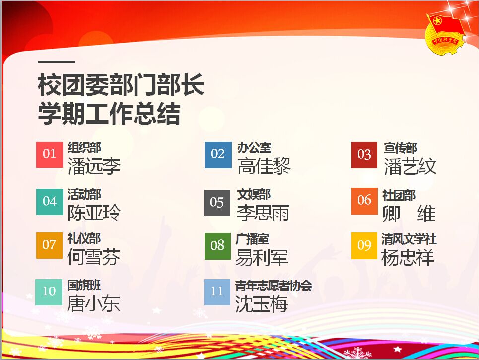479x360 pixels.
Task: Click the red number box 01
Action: click(x=50, y=154)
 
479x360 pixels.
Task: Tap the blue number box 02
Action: click(x=218, y=154)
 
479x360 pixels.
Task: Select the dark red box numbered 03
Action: click(x=364, y=155)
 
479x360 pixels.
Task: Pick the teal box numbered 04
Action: click(x=50, y=202)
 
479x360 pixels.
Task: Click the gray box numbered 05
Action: click(x=217, y=203)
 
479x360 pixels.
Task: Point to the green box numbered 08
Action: click(x=217, y=246)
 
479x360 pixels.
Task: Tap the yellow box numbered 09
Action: click(x=364, y=246)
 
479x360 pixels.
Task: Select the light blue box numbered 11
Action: click(x=217, y=292)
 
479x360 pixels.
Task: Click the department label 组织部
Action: click(x=84, y=148)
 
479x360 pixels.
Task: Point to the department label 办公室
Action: click(x=254, y=148)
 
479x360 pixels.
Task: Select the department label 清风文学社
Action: click(x=409, y=239)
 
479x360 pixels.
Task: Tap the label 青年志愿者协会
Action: click(x=274, y=286)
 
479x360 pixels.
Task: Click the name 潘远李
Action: click(x=94, y=166)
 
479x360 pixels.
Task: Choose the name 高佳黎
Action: click(x=264, y=166)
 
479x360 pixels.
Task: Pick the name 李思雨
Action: click(x=263, y=213)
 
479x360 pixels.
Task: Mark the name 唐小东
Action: click(x=93, y=304)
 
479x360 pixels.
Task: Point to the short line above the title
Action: click(x=57, y=62)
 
